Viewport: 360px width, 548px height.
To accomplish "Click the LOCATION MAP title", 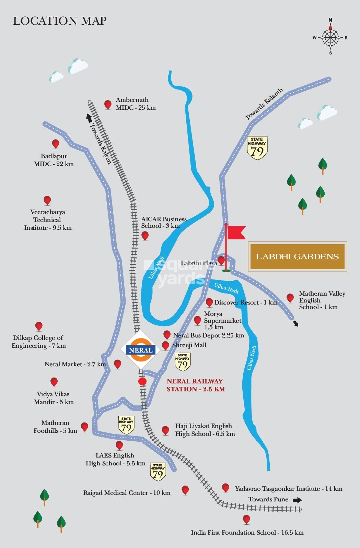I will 60,21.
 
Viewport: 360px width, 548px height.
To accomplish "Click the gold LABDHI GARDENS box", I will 298,257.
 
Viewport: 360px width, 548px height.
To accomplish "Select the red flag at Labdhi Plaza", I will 236,232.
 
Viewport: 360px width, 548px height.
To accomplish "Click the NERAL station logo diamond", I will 141,350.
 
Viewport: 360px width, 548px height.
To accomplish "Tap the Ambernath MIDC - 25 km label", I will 135,104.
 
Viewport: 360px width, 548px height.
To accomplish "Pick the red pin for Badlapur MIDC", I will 55,144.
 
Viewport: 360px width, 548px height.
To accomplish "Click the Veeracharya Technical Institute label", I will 48,220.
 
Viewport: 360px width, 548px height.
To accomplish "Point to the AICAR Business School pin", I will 145,236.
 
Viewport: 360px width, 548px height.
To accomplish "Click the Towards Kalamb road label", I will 264,104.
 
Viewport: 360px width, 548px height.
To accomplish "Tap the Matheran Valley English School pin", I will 290,298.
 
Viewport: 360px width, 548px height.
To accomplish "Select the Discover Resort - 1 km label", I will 246,302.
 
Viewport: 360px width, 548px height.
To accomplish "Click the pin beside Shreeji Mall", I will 166,345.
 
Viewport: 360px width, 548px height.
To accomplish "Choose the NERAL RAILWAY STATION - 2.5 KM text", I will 196,385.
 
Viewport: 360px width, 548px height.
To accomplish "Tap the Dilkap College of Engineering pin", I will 39,326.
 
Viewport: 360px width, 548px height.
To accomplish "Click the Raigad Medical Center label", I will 127,493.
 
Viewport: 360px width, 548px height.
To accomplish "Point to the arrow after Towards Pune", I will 297,500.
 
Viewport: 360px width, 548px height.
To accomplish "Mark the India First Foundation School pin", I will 246,519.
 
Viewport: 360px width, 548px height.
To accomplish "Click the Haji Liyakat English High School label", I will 205,430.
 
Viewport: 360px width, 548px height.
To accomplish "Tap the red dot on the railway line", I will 142,381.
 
